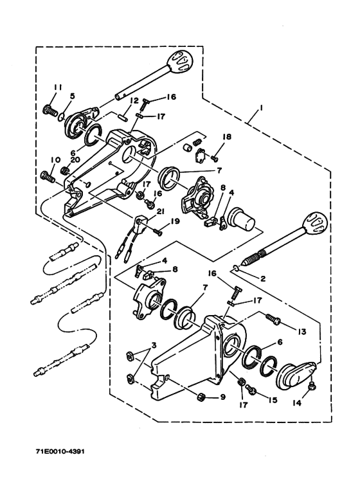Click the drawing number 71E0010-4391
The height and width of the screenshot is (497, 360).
pyautogui.click(x=60, y=451)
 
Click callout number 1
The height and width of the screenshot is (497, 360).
pyautogui.click(x=261, y=108)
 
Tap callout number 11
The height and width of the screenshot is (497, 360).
pyautogui.click(x=57, y=88)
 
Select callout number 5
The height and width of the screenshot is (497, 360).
pyautogui.click(x=72, y=96)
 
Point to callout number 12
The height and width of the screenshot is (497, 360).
pyautogui.click(x=134, y=101)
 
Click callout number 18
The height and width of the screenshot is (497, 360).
pyautogui.click(x=226, y=137)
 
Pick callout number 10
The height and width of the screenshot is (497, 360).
pyautogui.click(x=55, y=160)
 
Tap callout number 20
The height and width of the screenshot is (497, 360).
pyautogui.click(x=75, y=160)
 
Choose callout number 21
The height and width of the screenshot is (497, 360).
pyautogui.click(x=160, y=212)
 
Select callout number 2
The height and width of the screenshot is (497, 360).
pyautogui.click(x=263, y=279)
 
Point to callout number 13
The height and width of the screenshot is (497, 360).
pyautogui.click(x=301, y=332)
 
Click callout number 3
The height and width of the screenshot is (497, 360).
pyautogui.click(x=154, y=345)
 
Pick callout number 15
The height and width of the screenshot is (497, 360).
pyautogui.click(x=272, y=401)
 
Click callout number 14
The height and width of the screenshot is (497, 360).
pyautogui.click(x=298, y=403)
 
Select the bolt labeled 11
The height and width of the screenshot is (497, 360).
pyautogui.click(x=50, y=111)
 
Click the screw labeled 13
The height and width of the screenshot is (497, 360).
pyautogui.click(x=273, y=319)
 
